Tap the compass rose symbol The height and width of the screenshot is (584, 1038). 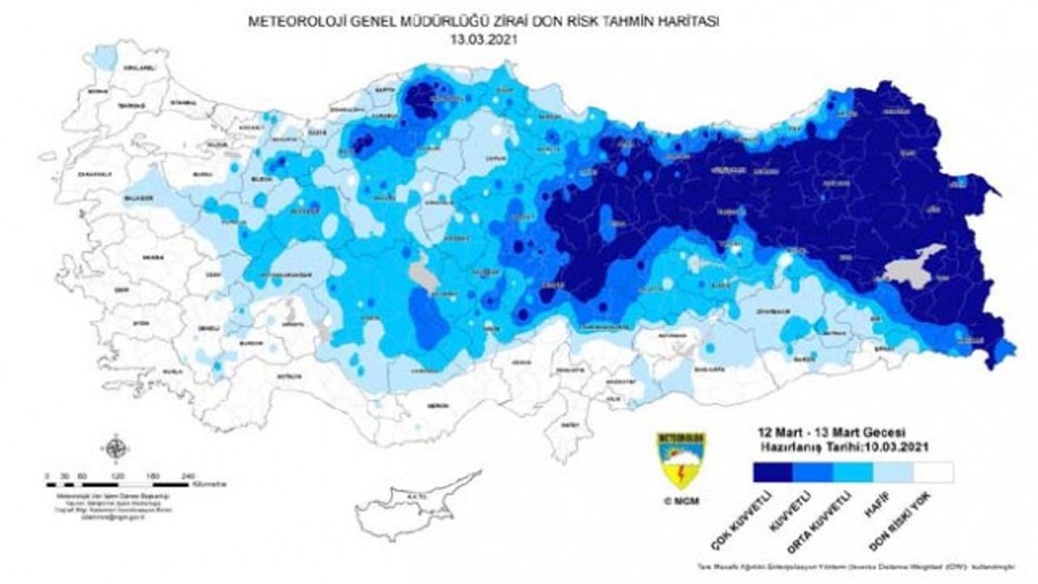tap(116, 447)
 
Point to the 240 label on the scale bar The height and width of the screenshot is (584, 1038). tap(189, 474)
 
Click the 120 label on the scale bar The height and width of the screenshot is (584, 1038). tap(118, 474)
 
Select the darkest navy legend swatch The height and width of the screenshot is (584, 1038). tap(772, 472)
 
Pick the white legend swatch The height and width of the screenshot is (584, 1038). tap(933, 472)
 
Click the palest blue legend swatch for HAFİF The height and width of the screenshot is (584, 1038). tap(893, 472)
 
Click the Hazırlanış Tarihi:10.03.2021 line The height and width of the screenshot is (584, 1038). tap(843, 446)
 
